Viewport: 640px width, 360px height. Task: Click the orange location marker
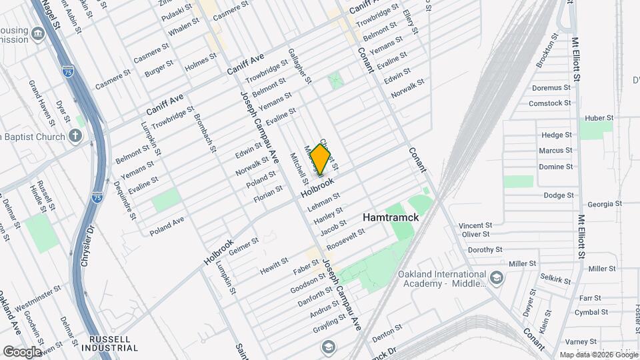point(321,159)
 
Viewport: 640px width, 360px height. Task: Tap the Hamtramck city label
point(390,217)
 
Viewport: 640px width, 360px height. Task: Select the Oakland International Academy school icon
point(496,277)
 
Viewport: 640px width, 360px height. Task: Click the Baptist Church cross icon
point(76,137)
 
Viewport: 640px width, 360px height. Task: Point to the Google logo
point(22,351)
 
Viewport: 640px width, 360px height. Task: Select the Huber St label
point(598,118)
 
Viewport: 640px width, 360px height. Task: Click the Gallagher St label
point(299,66)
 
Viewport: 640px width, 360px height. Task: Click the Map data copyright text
point(598,355)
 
